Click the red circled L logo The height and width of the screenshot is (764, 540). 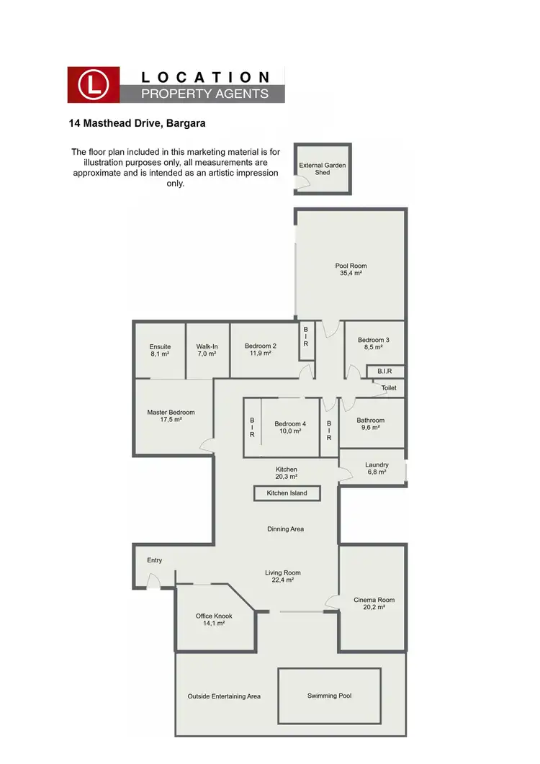[94, 85]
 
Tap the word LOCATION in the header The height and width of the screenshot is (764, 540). [205, 77]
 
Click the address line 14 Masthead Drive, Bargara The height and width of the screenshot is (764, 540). [137, 123]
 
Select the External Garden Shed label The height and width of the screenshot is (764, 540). [323, 168]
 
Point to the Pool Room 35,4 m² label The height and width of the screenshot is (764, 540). [351, 269]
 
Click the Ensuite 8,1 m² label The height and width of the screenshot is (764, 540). [160, 350]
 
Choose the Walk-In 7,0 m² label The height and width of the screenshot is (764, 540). [207, 350]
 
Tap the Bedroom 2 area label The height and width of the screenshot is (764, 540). [261, 349]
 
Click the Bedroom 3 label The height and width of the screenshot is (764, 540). [373, 343]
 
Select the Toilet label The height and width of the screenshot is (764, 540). [389, 387]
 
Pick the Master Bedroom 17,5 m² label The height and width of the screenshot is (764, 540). [171, 415]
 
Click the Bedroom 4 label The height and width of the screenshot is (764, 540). [290, 427]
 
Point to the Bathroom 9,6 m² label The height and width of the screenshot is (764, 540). [371, 423]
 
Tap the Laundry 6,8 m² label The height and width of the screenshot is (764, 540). [376, 468]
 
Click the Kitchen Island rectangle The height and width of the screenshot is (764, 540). [287, 493]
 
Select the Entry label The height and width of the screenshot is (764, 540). [155, 560]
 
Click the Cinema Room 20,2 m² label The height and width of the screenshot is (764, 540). [374, 603]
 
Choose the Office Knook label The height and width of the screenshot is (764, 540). [214, 619]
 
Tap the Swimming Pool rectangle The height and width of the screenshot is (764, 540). [329, 696]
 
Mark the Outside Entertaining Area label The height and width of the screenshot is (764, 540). [224, 696]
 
